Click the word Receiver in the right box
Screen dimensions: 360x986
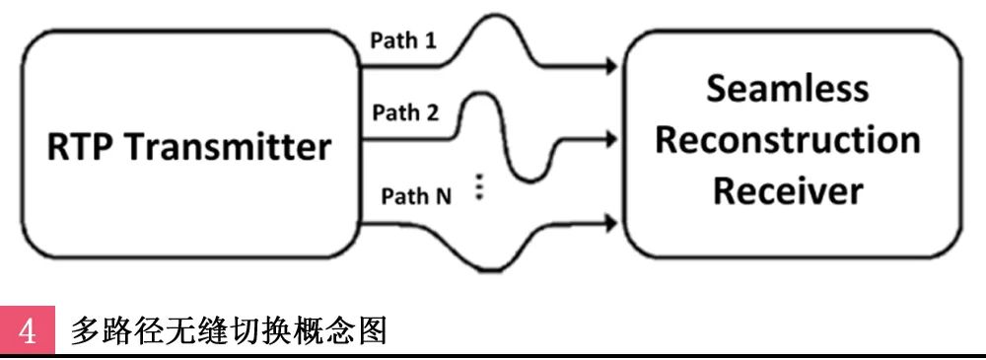(x=788, y=189)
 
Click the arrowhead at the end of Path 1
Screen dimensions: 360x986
(x=610, y=68)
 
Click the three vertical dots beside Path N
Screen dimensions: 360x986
(x=479, y=188)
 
